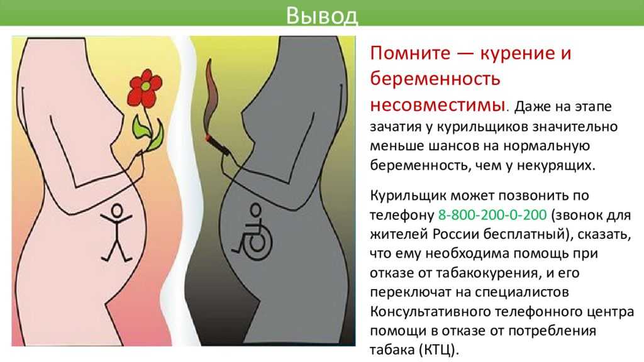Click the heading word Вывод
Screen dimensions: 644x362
(x=321, y=15)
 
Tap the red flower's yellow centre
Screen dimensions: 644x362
(x=145, y=85)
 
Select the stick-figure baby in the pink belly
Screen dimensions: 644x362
(x=117, y=233)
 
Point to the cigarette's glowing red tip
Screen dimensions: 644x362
(x=209, y=137)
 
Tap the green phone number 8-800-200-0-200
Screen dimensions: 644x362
(x=492, y=214)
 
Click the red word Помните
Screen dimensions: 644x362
(x=410, y=53)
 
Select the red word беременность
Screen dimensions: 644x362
(x=435, y=79)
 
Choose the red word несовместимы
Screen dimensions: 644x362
(x=437, y=105)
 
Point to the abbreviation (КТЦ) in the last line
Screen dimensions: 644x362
(x=439, y=350)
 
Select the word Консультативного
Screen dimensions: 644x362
(x=430, y=312)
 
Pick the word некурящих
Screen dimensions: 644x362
(x=556, y=165)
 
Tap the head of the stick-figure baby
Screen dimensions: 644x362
(x=117, y=210)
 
